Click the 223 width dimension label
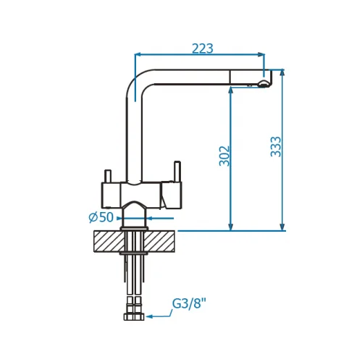pos(203,49)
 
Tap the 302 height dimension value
pos(224,156)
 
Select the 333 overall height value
pos(276,147)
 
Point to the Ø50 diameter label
pos(101,217)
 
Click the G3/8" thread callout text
pos(190,303)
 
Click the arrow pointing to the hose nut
pos(159,314)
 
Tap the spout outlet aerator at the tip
pos(263,84)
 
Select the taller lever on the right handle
pos(177,172)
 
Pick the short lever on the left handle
pos(108,176)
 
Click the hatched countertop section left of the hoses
pos(109,241)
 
